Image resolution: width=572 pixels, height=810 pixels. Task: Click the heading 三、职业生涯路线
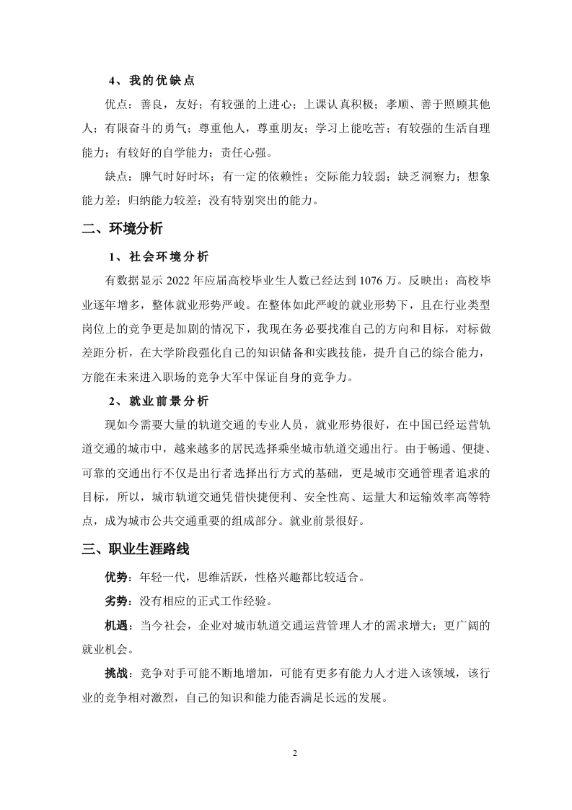[x=135, y=549]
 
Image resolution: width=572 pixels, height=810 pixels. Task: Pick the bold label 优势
[x=118, y=578]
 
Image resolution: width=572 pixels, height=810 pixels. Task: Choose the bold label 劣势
[x=118, y=601]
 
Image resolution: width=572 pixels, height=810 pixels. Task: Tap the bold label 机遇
[x=118, y=626]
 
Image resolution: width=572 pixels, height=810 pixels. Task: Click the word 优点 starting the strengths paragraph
[x=117, y=105]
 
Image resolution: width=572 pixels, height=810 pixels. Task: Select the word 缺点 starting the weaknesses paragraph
[x=117, y=177]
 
